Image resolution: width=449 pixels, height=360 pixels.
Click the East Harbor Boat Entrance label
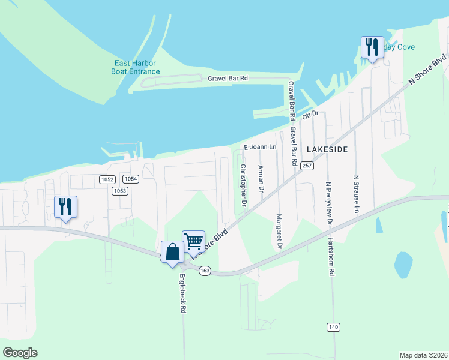click(136, 67)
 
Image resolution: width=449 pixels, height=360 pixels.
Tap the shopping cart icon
click(193, 241)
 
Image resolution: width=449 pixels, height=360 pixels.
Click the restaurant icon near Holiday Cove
click(372, 47)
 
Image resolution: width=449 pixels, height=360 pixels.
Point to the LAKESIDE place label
click(327, 148)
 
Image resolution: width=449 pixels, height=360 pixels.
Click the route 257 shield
click(308, 166)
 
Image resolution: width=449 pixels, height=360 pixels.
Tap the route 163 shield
click(205, 271)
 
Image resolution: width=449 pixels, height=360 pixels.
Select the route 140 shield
click(334, 326)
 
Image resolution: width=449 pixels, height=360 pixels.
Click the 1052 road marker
click(107, 179)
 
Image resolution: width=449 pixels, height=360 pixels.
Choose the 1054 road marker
click(131, 179)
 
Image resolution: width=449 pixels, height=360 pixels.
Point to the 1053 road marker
click(119, 191)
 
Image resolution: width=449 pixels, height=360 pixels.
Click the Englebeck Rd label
click(182, 295)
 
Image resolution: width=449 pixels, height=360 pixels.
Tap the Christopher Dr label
click(243, 186)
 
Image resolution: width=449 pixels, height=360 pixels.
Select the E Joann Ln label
click(259, 146)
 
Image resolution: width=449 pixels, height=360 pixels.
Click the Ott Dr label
click(309, 114)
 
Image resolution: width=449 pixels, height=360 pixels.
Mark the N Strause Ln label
click(356, 194)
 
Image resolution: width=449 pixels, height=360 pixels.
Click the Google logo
click(20, 353)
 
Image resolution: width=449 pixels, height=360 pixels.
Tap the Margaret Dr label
click(279, 232)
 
